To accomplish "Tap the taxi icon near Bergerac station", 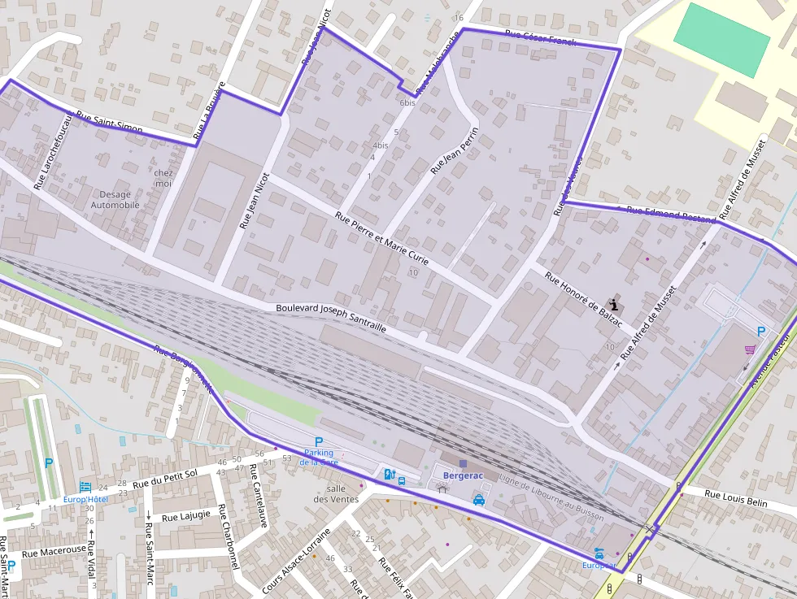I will (480, 500).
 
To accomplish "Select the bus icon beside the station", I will (402, 480).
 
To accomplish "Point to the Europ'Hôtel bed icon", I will (85, 486).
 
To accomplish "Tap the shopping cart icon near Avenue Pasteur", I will (750, 349).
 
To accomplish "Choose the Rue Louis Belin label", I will (735, 498).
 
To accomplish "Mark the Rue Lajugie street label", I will (186, 514).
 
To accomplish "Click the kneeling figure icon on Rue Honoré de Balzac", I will (614, 304).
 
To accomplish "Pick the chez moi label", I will (163, 178).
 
